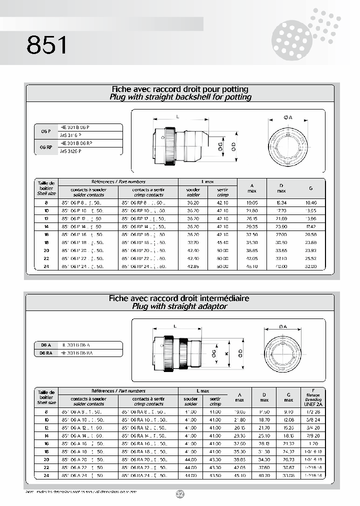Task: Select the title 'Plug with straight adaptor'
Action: click(179, 306)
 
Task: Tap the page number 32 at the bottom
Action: click(180, 494)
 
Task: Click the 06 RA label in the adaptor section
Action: click(46, 352)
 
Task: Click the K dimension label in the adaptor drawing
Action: click(226, 353)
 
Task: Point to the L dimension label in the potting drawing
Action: click(177, 116)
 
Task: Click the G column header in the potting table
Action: click(310, 188)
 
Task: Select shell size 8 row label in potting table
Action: click(46, 203)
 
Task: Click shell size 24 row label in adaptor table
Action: click(46, 476)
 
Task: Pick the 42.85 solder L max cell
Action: click(193, 266)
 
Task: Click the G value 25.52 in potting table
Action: click(310, 258)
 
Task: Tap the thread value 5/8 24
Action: click(313, 420)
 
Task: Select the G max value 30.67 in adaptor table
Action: click(288, 468)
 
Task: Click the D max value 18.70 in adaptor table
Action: click(264, 420)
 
